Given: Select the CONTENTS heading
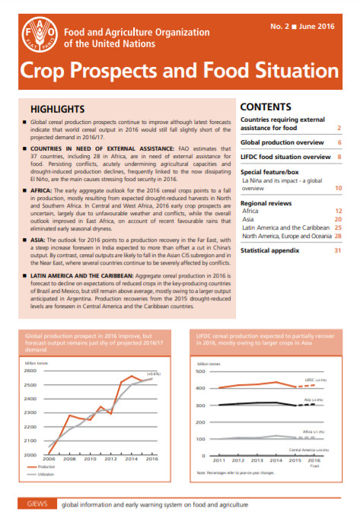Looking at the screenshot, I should click(266, 107).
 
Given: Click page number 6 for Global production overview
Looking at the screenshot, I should click(337, 142).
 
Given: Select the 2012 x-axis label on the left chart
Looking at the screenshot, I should click(110, 459).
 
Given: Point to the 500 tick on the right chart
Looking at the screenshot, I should click(199, 371).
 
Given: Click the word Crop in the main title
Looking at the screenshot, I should click(53, 74).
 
